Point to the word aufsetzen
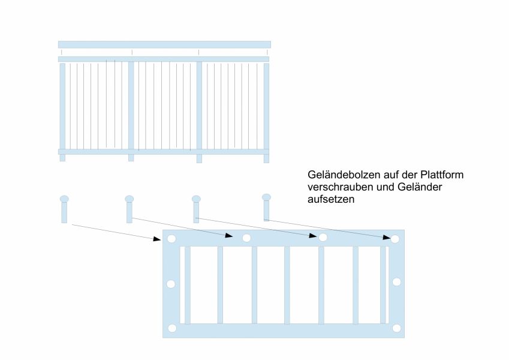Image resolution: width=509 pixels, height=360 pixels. tap(330, 200)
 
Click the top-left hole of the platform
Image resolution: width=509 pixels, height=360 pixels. tap(171, 239)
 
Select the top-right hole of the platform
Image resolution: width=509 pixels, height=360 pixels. tap(395, 239)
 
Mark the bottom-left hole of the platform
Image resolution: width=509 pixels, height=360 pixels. tap(172, 328)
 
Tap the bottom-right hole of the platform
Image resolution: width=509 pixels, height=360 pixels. tap(396, 328)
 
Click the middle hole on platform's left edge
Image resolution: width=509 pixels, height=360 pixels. tap(171, 284)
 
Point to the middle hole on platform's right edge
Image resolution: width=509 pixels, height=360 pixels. tap(396, 282)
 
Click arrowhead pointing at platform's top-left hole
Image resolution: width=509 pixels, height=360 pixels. tap(157, 239)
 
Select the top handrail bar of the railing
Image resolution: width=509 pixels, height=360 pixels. tap(164, 44)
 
